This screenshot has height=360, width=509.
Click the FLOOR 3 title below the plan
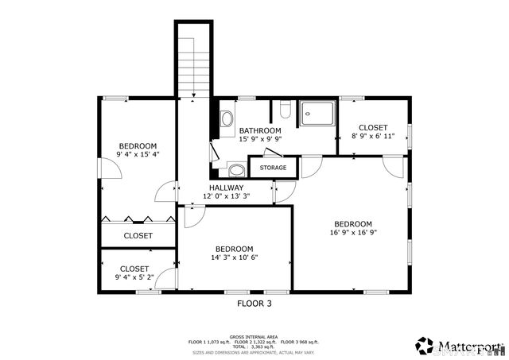pyautogui.click(x=254, y=303)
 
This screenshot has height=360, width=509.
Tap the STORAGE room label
pyautogui.click(x=273, y=168)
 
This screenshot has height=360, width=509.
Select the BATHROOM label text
pyautogui.click(x=260, y=130)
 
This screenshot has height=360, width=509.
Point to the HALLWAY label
pyautogui.click(x=226, y=188)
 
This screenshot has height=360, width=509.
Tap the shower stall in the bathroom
pyautogui.click(x=317, y=115)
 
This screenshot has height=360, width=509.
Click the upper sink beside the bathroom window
pyautogui.click(x=227, y=119)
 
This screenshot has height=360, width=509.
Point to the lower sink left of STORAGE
pyautogui.click(x=236, y=169)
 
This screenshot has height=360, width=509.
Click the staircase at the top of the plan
pyautogui.click(x=193, y=60)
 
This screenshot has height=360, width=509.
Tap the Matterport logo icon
pyautogui.click(x=424, y=346)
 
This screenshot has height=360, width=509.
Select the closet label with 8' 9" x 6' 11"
pyautogui.click(x=372, y=127)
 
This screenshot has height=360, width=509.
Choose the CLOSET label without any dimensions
pyautogui.click(x=138, y=236)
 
